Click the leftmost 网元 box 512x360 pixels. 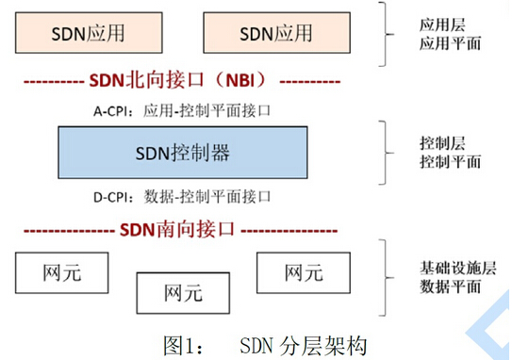pyautogui.click(x=62, y=273)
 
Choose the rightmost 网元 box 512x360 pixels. pyautogui.click(x=303, y=272)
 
